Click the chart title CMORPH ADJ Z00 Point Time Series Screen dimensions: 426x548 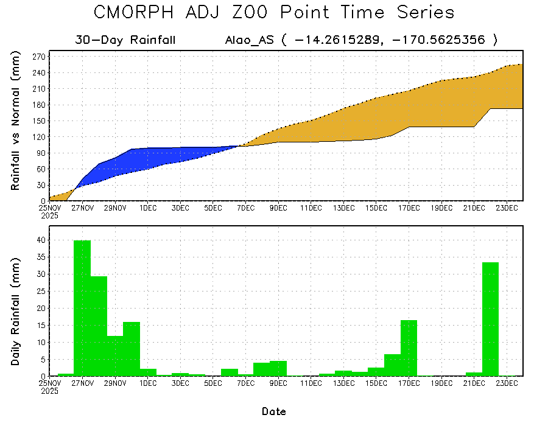(x=274, y=13)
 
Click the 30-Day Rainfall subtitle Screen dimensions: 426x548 (x=125, y=40)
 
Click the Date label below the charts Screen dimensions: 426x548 (x=274, y=411)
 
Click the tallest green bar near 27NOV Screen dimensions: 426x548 (x=82, y=307)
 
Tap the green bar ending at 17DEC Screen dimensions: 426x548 (x=409, y=347)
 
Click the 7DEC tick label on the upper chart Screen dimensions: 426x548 (x=245, y=208)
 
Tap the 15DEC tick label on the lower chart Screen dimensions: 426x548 (x=376, y=383)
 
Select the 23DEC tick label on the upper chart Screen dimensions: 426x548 (x=507, y=208)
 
